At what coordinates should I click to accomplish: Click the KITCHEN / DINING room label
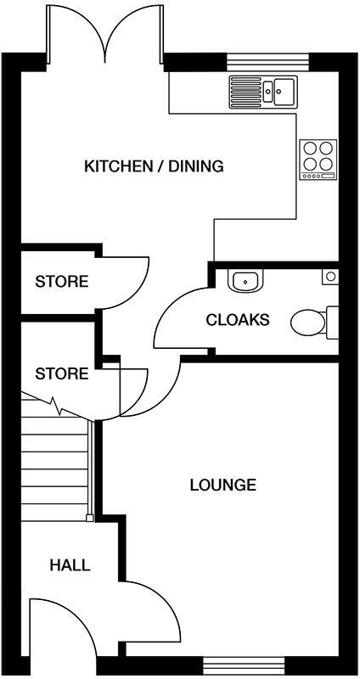pyautogui.click(x=154, y=166)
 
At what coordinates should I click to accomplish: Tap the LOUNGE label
pyautogui.click(x=222, y=485)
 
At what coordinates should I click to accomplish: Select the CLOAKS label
pyautogui.click(x=238, y=320)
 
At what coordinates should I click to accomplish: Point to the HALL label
pyautogui.click(x=70, y=565)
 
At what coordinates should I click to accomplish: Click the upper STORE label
pyautogui.click(x=61, y=282)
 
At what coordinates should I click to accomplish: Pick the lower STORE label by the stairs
pyautogui.click(x=61, y=373)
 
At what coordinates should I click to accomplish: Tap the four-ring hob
pyautogui.click(x=318, y=159)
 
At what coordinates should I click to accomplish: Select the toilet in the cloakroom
pyautogui.click(x=311, y=322)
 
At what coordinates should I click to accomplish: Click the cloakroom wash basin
pyautogui.click(x=247, y=279)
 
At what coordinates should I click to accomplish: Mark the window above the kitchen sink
pyautogui.click(x=268, y=61)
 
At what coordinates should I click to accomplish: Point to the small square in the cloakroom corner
pyautogui.click(x=330, y=276)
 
